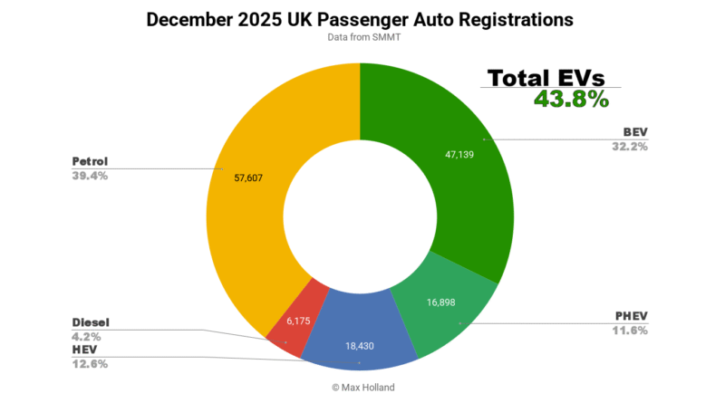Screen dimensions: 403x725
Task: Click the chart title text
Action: [361, 19]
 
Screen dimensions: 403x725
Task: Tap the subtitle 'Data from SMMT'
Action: [361, 38]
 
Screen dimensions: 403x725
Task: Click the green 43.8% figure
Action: [571, 100]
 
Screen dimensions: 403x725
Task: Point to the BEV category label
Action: [635, 132]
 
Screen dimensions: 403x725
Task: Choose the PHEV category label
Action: [630, 316]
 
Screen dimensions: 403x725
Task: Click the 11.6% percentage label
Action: [628, 330]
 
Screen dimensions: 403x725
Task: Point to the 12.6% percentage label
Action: [90, 364]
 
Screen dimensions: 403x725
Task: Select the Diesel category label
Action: [93, 322]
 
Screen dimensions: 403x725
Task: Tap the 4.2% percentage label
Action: [87, 336]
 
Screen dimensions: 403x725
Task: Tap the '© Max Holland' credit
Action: [361, 388]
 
